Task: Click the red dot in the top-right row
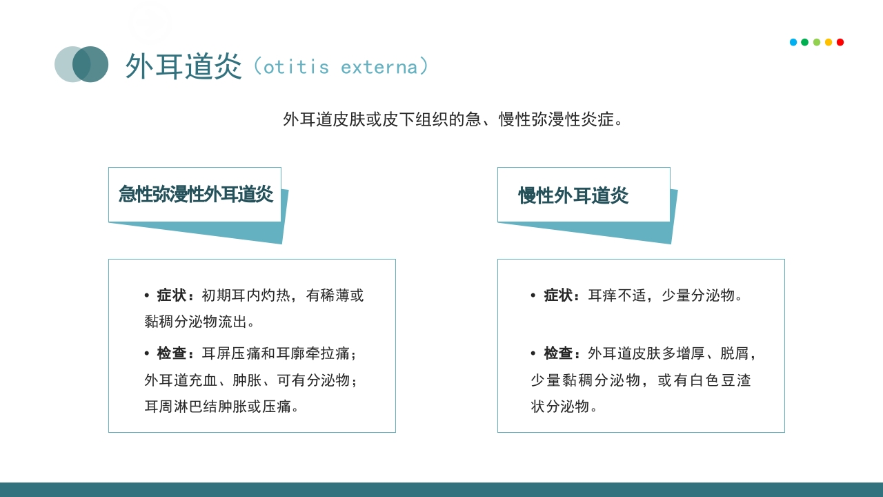(840, 42)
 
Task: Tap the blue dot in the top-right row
(793, 42)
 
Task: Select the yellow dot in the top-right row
(829, 42)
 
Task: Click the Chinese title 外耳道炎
(183, 66)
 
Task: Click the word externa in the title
(379, 67)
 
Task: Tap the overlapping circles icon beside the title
(81, 64)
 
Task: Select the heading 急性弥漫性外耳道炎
(195, 194)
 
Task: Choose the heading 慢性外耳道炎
(573, 195)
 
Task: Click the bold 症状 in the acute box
(172, 295)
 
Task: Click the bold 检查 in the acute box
(172, 353)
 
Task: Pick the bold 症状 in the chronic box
(559, 295)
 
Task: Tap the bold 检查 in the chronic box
(559, 353)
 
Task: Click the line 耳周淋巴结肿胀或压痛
(222, 407)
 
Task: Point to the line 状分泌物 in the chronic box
(564, 407)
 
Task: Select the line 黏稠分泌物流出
(199, 322)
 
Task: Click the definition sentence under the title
(454, 119)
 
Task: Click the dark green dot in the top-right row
(805, 42)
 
